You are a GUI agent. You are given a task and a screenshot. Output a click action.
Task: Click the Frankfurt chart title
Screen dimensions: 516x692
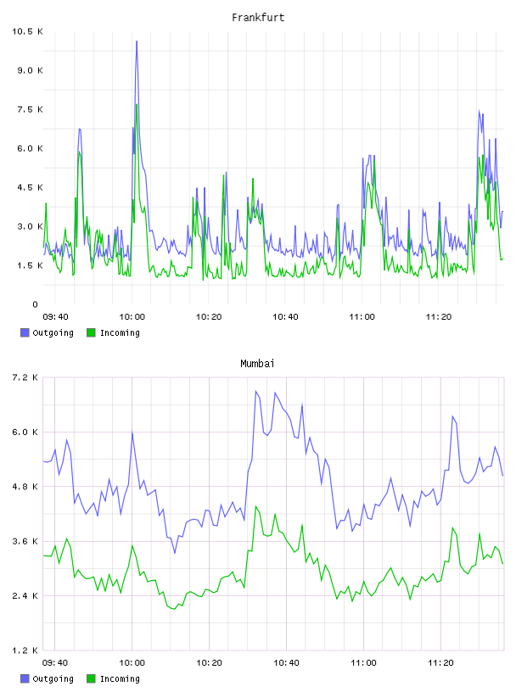point(258,18)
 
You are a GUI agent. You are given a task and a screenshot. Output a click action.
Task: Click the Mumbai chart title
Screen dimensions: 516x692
point(257,364)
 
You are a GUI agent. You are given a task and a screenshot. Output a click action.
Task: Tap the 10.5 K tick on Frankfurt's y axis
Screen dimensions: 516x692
point(27,31)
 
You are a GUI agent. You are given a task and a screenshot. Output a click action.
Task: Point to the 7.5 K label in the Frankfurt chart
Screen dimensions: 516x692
point(30,109)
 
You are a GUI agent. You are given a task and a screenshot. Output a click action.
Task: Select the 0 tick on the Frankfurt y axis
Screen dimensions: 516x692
point(36,304)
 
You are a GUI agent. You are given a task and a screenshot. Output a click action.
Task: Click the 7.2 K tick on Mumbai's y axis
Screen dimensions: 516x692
point(25,377)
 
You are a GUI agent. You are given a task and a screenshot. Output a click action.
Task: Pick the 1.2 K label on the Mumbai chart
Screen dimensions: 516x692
point(25,650)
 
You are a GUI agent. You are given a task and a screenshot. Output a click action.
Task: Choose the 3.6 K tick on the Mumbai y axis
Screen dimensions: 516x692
point(25,542)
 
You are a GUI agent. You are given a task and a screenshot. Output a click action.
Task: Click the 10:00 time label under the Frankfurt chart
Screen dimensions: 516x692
point(132,317)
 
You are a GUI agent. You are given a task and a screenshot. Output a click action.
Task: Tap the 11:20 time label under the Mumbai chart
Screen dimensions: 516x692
point(441,663)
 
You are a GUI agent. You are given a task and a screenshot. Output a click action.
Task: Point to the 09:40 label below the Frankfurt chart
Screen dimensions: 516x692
point(55,317)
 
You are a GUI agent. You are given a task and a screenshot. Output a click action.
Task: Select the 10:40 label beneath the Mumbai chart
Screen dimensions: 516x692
point(286,663)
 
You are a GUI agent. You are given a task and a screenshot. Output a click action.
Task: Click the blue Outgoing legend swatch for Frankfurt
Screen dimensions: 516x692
point(25,332)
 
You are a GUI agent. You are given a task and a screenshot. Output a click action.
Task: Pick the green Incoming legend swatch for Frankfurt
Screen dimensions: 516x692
point(91,332)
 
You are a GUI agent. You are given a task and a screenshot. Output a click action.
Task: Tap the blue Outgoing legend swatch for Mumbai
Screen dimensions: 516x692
point(25,678)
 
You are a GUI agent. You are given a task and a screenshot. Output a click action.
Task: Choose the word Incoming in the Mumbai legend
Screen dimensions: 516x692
point(120,679)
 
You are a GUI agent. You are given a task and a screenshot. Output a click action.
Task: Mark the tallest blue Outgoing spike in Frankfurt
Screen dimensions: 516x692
point(137,42)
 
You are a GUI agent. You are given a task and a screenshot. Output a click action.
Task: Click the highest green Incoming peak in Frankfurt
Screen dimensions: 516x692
point(137,105)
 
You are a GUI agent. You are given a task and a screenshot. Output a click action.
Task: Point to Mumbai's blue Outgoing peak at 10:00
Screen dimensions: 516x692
point(132,433)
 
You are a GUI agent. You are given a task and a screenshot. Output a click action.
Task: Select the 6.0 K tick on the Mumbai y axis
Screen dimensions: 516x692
point(25,432)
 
